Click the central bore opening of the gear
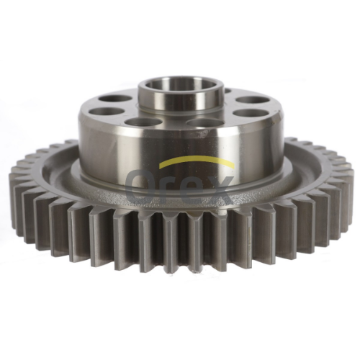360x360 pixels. pyautogui.click(x=181, y=89)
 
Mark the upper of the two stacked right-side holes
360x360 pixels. pyautogui.click(x=248, y=101)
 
